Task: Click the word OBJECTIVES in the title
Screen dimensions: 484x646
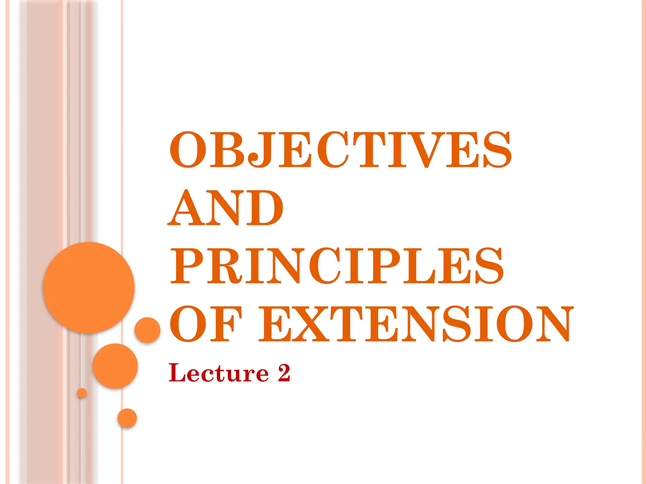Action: (x=341, y=150)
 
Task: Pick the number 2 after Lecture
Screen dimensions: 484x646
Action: (x=284, y=373)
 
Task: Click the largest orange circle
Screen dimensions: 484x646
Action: (x=89, y=288)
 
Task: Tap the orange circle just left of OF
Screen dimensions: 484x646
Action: (x=147, y=330)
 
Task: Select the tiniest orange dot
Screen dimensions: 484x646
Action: (x=82, y=393)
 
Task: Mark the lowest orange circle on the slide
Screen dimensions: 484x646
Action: (x=127, y=418)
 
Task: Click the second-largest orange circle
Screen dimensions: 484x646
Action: (x=115, y=366)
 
